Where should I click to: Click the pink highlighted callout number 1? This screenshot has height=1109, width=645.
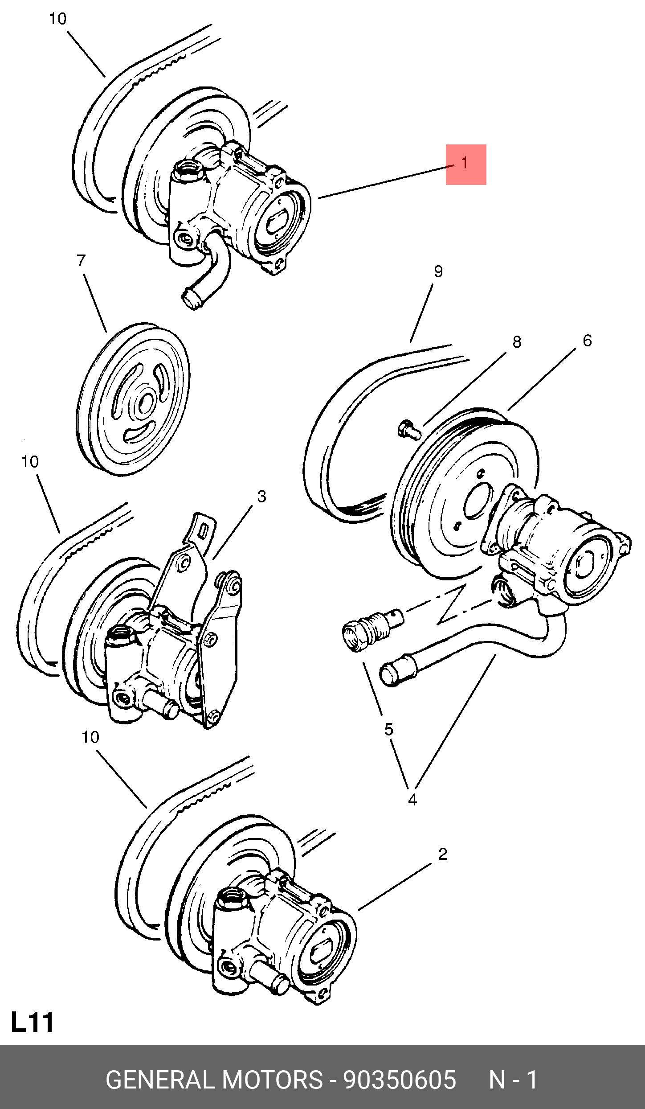[x=465, y=164]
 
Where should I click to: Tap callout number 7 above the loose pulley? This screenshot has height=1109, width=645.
[x=81, y=260]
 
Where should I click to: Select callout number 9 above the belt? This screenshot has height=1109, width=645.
[x=438, y=271]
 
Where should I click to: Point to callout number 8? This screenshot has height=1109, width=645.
[x=517, y=342]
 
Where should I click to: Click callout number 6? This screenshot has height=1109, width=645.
[x=587, y=341]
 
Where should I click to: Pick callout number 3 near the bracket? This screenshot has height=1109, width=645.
[x=261, y=496]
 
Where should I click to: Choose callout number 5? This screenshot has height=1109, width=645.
[x=389, y=729]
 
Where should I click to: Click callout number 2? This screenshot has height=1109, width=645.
[x=442, y=854]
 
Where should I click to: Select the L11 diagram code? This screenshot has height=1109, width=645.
[x=32, y=1022]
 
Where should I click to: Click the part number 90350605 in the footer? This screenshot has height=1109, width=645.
[x=400, y=1080]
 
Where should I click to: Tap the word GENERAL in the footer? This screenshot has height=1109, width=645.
[x=160, y=1080]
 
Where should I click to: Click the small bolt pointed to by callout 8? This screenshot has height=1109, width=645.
[x=408, y=429]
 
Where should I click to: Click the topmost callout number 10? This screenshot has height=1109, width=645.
[x=57, y=19]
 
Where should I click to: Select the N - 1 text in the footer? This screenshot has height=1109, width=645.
[x=513, y=1080]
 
